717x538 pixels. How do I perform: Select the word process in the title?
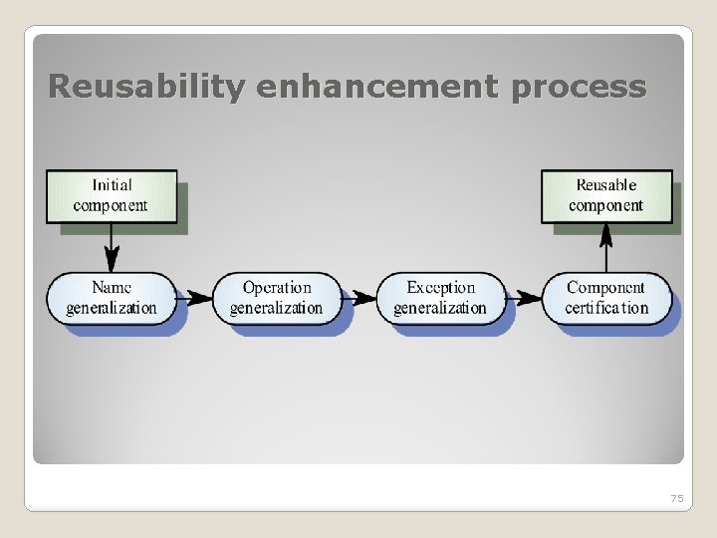(578, 88)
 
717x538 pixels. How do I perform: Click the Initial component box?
(111, 195)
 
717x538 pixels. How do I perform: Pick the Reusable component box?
(605, 195)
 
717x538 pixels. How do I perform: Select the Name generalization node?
(112, 297)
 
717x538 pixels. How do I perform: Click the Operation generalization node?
(277, 297)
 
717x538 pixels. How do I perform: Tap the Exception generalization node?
(440, 297)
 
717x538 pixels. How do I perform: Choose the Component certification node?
(606, 297)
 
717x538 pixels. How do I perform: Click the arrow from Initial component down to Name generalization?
(112, 246)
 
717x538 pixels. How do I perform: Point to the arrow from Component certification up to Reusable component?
(605, 246)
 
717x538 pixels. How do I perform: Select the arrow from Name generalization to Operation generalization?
(195, 297)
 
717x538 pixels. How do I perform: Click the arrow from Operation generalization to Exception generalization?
(358, 297)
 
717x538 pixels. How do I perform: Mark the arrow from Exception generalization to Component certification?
(524, 297)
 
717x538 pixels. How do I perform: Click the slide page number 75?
(677, 498)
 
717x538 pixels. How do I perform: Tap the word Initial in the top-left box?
(112, 184)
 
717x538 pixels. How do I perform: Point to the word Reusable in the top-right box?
(606, 184)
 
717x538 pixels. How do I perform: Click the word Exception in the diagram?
(441, 287)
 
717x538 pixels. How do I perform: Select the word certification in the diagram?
(606, 308)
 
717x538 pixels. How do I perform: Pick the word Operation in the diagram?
(277, 287)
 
